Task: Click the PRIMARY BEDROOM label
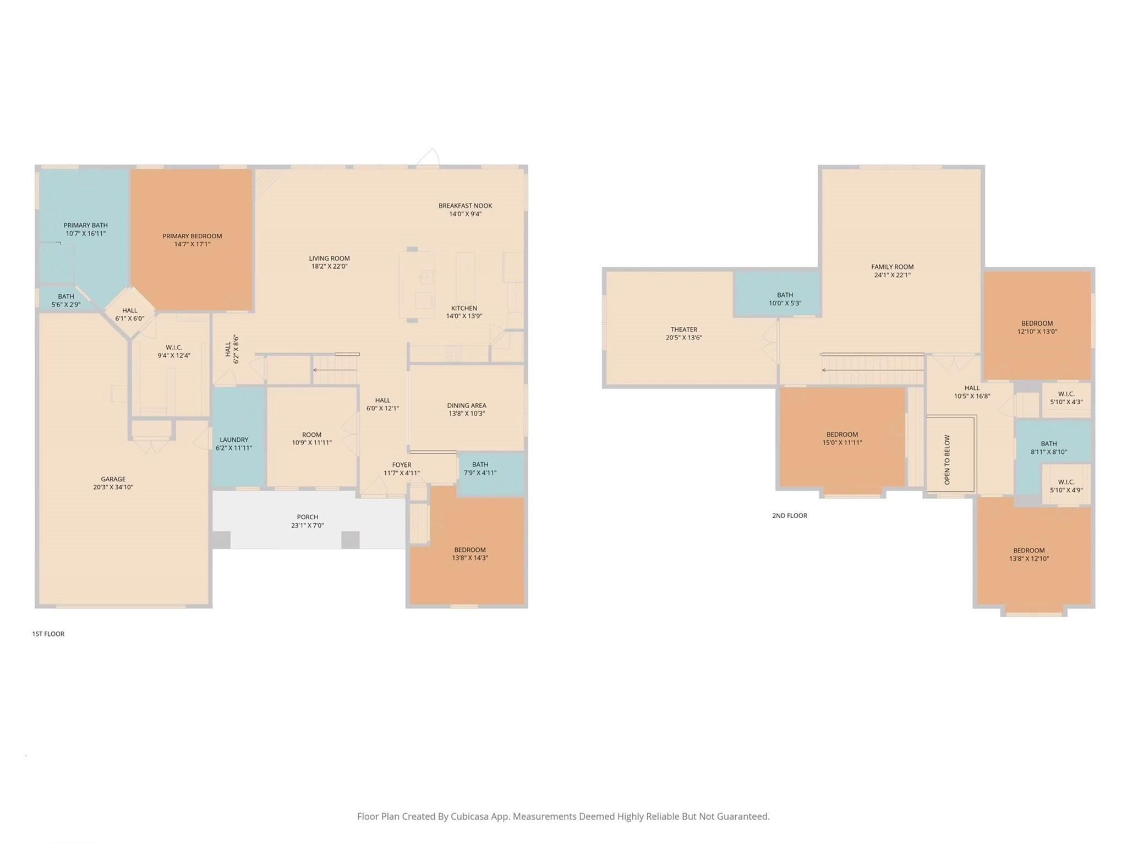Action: coord(192,237)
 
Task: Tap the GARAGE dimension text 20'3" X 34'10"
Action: coord(113,487)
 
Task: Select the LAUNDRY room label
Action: coord(234,440)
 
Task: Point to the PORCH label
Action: coord(307,517)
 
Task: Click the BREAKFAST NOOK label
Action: coord(465,206)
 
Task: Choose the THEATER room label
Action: coord(683,330)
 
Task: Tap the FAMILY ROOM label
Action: coord(892,267)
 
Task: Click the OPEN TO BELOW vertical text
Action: coord(947,460)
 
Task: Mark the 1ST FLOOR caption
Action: coord(48,634)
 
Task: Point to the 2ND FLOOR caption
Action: coord(789,515)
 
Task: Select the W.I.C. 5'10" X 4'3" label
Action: coord(1066,398)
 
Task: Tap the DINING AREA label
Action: coord(466,405)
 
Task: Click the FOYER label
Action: coord(401,465)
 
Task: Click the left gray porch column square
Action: coord(221,540)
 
